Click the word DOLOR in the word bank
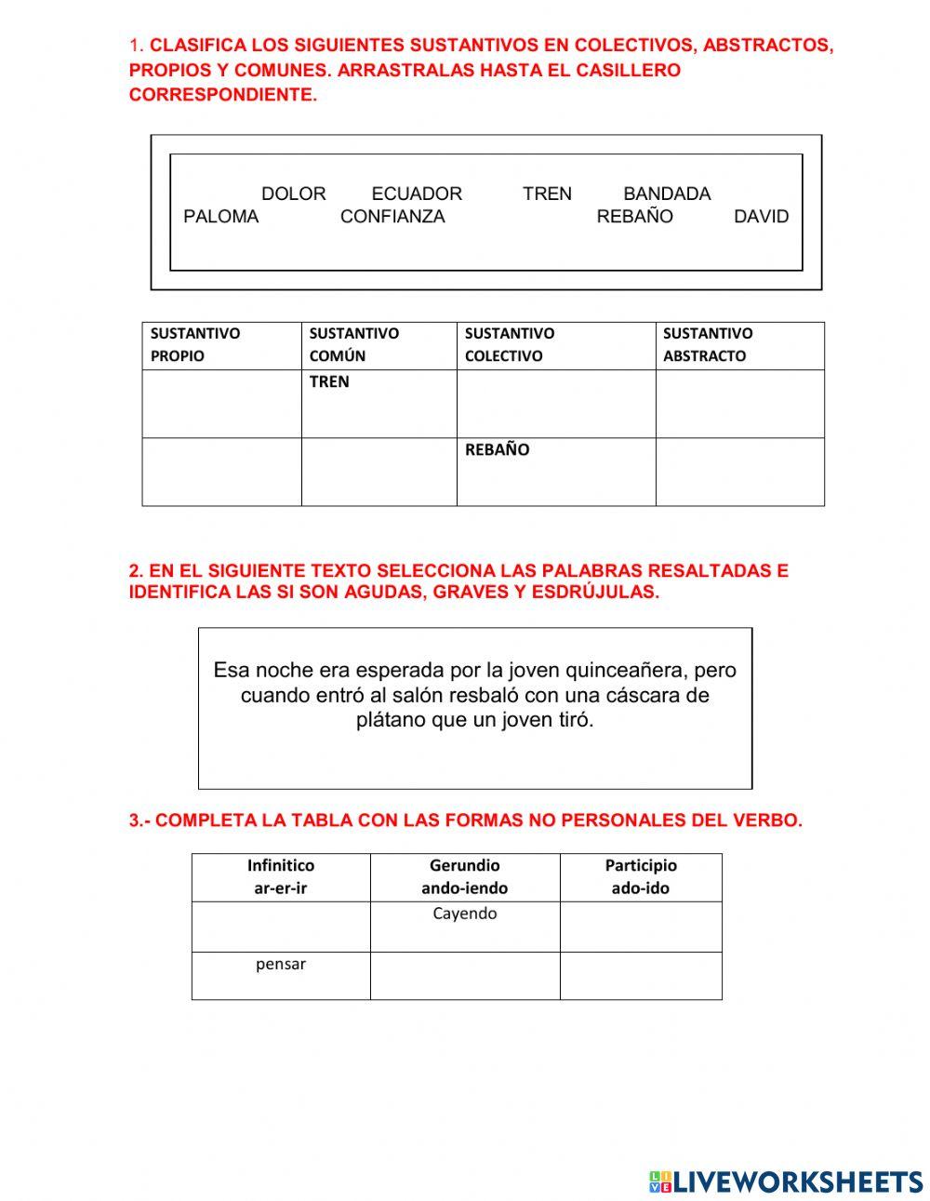point(293,193)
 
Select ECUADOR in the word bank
point(417,193)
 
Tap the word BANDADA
point(667,193)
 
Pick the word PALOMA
point(221,217)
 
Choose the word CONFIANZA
point(392,217)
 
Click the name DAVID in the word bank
point(761,217)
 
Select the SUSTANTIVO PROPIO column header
point(221,345)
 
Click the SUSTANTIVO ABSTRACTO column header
point(739,345)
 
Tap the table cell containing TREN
point(379,403)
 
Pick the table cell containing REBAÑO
point(555,471)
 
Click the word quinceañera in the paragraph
point(627,671)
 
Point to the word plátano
point(391,720)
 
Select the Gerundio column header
point(464,876)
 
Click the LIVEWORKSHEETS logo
point(786,1181)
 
